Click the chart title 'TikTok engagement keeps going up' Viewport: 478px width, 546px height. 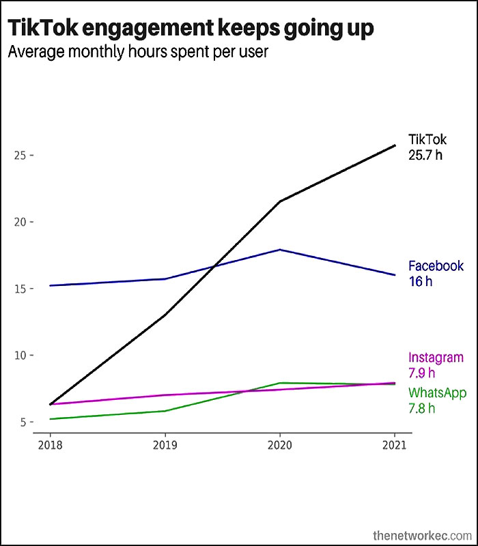(x=191, y=29)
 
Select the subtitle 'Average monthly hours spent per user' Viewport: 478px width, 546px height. (x=138, y=53)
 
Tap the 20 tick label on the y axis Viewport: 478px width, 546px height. (x=20, y=222)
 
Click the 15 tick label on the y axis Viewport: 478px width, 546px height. (x=20, y=289)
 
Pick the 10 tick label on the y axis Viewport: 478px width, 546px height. (x=20, y=355)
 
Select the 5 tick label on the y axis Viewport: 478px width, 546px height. (x=23, y=422)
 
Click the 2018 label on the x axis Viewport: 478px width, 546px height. (x=50, y=445)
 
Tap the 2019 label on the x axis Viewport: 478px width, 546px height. (x=165, y=445)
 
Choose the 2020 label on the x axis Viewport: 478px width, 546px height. (x=280, y=445)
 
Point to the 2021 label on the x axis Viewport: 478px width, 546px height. (x=395, y=445)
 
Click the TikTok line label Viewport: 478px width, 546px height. (x=427, y=139)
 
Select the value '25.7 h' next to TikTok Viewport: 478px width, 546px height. (x=425, y=155)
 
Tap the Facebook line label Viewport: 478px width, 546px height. (x=436, y=265)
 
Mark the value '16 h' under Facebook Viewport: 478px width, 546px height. (x=421, y=281)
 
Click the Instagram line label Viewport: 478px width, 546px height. (x=436, y=358)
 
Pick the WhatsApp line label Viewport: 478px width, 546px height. (x=437, y=393)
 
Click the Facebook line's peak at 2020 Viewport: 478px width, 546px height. (x=280, y=250)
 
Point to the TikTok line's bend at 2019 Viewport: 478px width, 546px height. (x=165, y=315)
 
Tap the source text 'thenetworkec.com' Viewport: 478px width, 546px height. (x=422, y=535)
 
